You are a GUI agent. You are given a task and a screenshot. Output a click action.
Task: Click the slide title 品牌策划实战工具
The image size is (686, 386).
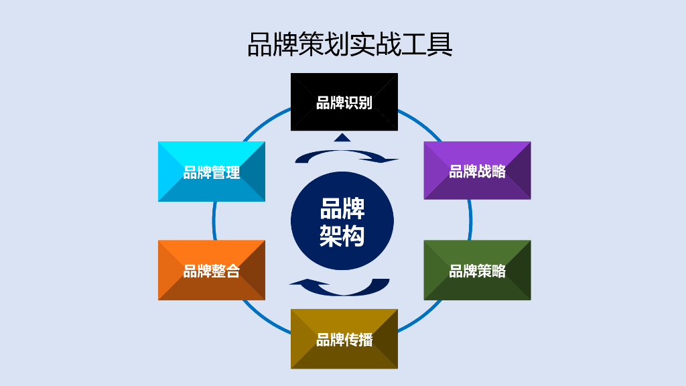350,44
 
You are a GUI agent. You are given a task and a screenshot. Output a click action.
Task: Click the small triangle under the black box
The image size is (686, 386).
342,137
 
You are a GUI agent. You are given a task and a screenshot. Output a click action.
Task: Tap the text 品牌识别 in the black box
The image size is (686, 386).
344,103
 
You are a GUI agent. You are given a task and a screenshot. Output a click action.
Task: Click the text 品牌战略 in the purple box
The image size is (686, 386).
477,172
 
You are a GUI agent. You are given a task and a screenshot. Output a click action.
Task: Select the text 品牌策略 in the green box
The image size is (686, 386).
477,271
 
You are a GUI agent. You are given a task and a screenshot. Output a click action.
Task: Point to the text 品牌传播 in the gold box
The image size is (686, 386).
344,340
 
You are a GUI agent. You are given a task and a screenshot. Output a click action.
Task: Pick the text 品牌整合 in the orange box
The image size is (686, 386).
211,271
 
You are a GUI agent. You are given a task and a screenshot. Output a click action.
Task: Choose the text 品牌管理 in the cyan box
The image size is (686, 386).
211,172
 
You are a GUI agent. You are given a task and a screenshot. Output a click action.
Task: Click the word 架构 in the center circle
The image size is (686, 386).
342,236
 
